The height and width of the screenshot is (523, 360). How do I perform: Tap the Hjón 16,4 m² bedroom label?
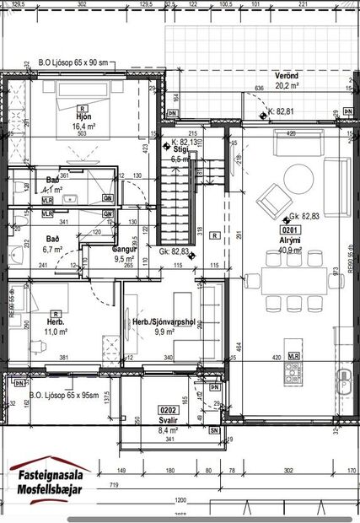point(82,121)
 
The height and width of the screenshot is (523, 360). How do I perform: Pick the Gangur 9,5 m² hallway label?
point(125,255)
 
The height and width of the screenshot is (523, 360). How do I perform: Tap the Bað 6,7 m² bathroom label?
point(52,244)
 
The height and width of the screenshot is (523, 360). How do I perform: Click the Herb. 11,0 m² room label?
point(56,327)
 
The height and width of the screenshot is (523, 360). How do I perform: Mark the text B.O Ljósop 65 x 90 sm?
point(74,63)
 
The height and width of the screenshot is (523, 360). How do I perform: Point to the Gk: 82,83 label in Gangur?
point(174,251)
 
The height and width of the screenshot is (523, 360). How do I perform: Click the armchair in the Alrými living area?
point(271,201)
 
